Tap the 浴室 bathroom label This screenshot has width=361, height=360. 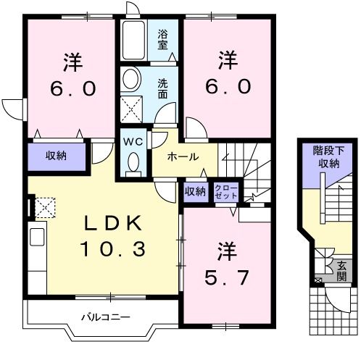click(x=164, y=38)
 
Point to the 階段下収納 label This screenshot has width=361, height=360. click(x=326, y=157)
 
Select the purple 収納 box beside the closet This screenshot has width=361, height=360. click(x=194, y=191)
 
